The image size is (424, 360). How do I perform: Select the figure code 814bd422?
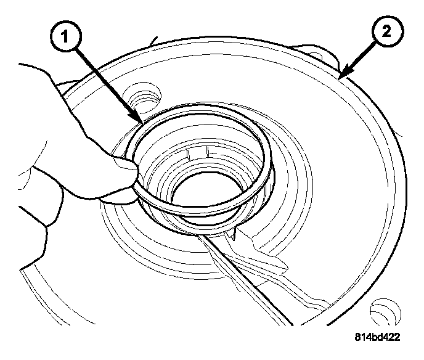pos(377,337)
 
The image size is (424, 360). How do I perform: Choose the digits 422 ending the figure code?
pos(390,337)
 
